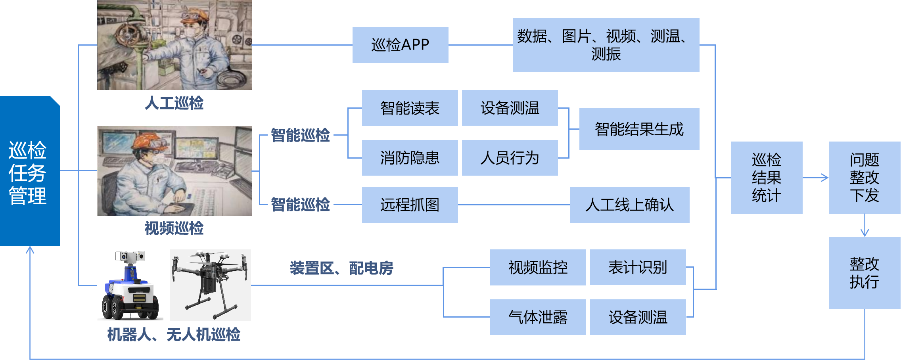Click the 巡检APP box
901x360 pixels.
tap(400, 45)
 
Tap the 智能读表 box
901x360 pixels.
tap(410, 108)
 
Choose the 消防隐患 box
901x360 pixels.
tap(410, 158)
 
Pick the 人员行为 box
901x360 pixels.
tap(510, 158)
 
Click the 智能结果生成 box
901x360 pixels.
tap(639, 129)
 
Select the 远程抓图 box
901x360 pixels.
tap(410, 205)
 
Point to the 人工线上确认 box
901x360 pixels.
tap(629, 205)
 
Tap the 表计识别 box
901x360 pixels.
tap(638, 267)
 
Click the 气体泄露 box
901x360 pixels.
tap(538, 317)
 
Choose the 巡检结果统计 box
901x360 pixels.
tap(766, 178)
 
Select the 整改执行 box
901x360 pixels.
tap(864, 273)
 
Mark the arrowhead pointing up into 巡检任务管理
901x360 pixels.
tap(30, 250)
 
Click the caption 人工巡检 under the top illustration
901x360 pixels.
tap(174, 103)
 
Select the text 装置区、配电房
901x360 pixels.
tap(341, 268)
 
